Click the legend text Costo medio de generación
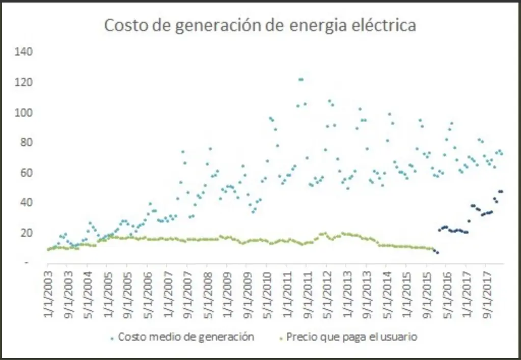pos(186,337)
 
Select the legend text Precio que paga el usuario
pos(352,337)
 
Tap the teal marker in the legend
pos(112,337)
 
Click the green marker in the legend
pos(281,337)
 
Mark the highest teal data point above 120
pos(300,79)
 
